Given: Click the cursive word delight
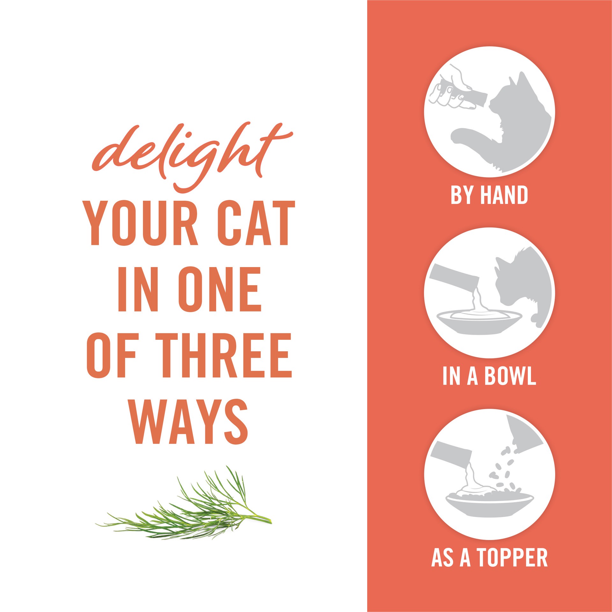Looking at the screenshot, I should (x=191, y=153).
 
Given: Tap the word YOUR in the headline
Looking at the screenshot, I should (x=140, y=223).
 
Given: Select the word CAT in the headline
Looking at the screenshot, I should (x=257, y=223).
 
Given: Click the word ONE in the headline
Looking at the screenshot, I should (x=220, y=289).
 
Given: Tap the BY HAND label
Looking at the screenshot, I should (x=489, y=195).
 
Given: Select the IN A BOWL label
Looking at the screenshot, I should (x=489, y=376).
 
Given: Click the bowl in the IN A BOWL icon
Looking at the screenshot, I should (x=478, y=322).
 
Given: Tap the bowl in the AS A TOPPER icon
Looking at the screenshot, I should (x=488, y=505).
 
